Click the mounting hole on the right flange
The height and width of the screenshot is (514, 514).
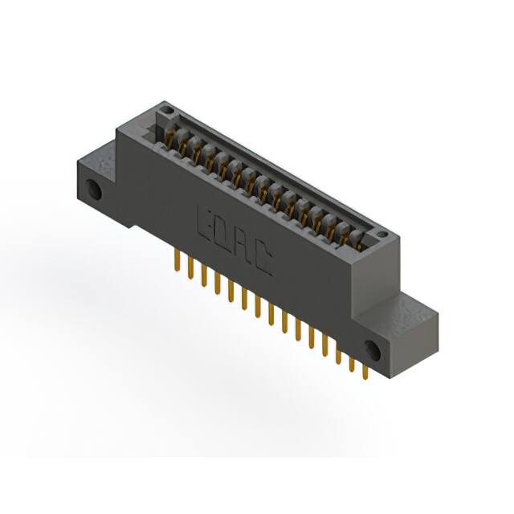(372, 349)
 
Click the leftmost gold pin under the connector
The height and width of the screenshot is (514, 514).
(175, 260)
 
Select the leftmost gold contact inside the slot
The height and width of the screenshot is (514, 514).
(171, 138)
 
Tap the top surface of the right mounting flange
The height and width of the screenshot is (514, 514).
(410, 309)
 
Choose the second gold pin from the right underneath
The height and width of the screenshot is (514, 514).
(351, 363)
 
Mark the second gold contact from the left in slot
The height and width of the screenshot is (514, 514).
(184, 145)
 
